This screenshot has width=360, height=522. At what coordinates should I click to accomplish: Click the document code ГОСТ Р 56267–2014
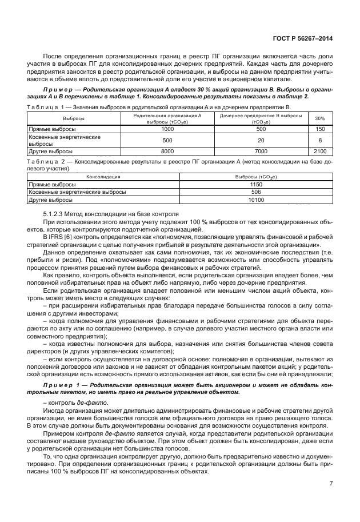[x=303, y=38]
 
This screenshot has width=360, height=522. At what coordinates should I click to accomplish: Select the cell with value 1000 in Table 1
[x=167, y=129]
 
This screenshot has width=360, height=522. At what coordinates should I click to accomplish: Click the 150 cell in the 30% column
[x=321, y=129]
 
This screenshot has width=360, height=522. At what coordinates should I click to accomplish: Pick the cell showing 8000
[x=167, y=151]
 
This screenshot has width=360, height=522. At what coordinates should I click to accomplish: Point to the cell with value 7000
[x=261, y=151]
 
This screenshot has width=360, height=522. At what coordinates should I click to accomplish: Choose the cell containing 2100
[x=321, y=151]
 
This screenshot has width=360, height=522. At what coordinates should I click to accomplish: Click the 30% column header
[x=321, y=118]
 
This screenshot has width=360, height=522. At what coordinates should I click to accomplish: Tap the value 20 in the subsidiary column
[x=261, y=140]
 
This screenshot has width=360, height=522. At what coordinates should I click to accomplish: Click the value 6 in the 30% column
[x=321, y=140]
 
